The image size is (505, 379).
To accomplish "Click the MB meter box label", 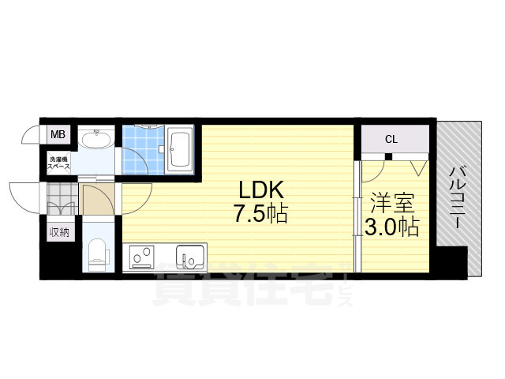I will click(58, 135).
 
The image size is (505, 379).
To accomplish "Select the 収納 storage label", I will click(59, 231).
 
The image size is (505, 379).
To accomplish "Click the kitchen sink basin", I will click(189, 258).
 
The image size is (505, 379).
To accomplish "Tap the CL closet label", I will click(391, 140).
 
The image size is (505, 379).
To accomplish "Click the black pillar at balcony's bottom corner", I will click(452, 261).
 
